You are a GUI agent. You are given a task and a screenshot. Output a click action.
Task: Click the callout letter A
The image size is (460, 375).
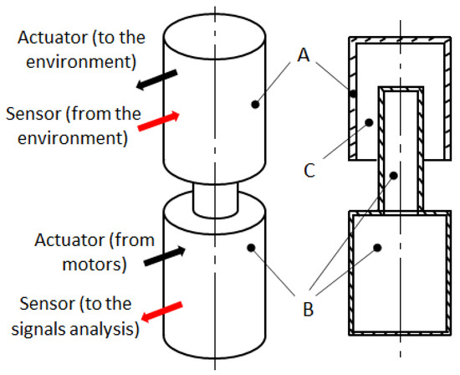click(x=304, y=55)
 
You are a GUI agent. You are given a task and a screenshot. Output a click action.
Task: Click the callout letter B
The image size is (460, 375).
click(x=308, y=309)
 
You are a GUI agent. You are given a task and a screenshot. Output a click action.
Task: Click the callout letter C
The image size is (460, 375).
click(x=309, y=170)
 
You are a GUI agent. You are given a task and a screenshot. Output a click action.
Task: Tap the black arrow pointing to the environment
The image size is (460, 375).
click(x=156, y=80)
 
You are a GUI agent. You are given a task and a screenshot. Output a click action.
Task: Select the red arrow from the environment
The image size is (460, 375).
click(x=158, y=121)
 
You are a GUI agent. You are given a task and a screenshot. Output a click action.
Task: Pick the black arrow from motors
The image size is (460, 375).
click(x=165, y=256)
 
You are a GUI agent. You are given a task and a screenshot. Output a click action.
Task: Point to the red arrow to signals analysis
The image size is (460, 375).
click(x=162, y=311)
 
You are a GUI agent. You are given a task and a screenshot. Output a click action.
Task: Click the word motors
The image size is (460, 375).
click(x=95, y=264)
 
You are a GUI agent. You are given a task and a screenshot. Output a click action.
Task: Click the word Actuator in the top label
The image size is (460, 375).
click(x=53, y=38)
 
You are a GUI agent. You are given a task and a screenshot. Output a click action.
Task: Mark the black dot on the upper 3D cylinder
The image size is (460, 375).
click(x=255, y=105)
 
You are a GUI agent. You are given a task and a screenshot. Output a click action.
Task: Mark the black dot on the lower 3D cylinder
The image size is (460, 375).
click(x=251, y=248)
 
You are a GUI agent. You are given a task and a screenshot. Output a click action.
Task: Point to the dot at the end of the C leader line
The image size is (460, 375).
click(x=369, y=122)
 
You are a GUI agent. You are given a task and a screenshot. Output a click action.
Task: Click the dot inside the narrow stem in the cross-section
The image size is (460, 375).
click(x=394, y=176)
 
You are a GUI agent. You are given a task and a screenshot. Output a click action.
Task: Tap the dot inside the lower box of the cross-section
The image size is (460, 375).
click(x=377, y=248)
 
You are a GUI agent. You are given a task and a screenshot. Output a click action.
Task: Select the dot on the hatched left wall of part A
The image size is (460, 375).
click(x=353, y=94)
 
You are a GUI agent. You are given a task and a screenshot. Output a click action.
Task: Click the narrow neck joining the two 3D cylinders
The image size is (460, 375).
click(x=215, y=200)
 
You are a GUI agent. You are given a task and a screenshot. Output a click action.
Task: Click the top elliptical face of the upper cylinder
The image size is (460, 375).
click(x=215, y=37)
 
